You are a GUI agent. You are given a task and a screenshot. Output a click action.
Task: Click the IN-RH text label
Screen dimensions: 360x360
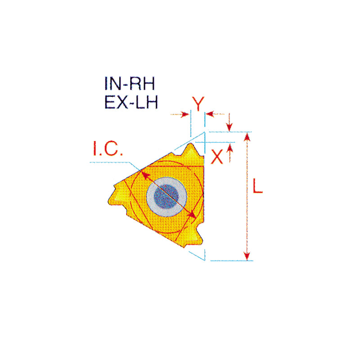point(130,84)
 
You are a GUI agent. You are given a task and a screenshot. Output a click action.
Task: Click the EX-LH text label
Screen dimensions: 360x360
point(131,102)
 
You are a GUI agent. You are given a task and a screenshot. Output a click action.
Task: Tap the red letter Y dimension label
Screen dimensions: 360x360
point(198,104)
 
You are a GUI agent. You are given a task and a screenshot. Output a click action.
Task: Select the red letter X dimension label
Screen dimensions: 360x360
point(217,157)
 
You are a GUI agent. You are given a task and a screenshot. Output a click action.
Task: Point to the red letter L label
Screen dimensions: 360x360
point(257,185)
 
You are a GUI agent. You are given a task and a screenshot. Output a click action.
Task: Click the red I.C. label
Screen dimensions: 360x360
point(108,148)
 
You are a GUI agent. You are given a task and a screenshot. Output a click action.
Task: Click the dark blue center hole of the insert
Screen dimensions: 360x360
point(166,197)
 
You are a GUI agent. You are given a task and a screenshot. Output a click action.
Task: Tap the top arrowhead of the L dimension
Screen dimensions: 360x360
point(247,137)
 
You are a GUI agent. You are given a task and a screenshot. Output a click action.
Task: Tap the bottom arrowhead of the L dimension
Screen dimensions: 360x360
point(247,256)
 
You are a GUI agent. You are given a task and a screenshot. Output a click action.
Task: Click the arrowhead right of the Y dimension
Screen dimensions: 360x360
point(210,114)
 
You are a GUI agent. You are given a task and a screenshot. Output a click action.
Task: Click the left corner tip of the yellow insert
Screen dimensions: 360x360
point(109,202)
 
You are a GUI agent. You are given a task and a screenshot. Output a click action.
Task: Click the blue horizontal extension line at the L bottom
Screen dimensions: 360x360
point(232,261)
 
